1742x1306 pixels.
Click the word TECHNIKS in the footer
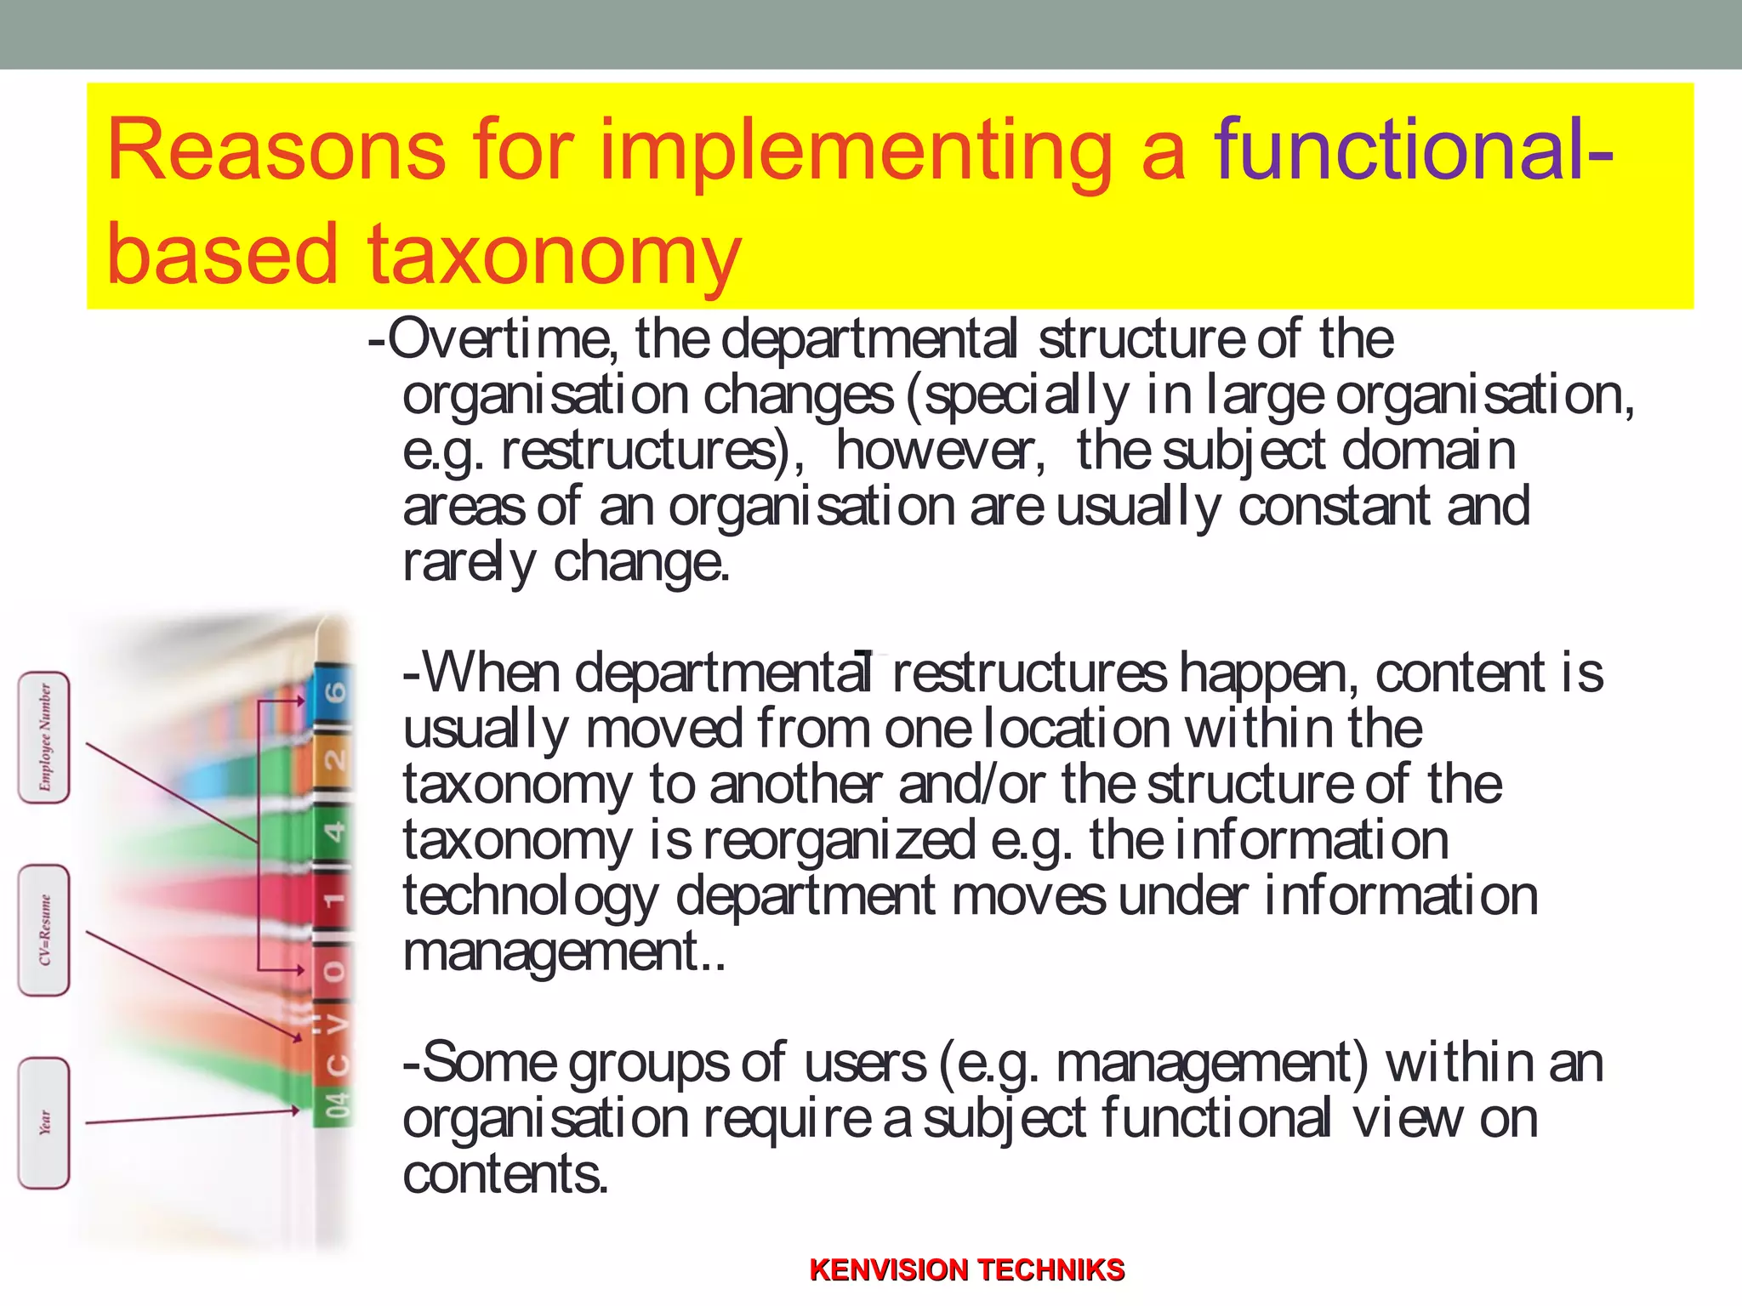[x=1056, y=1269]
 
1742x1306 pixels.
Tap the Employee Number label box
[x=44, y=737]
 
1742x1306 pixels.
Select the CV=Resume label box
[x=44, y=930]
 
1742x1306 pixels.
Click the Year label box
[x=44, y=1122]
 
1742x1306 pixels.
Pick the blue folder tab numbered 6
[x=334, y=692]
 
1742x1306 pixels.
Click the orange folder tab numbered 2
[x=334, y=758]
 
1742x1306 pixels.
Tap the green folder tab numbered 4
[x=334, y=830]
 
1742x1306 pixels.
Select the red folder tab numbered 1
[x=334, y=899]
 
